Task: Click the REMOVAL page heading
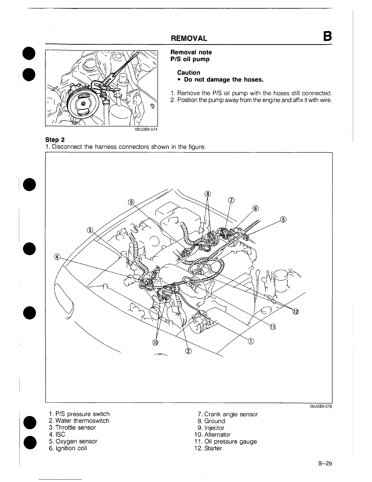click(189, 38)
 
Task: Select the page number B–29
click(325, 464)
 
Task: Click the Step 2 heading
click(55, 140)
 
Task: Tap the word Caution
click(189, 72)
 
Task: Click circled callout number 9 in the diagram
click(131, 202)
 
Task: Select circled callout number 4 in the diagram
click(57, 257)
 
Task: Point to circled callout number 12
click(296, 312)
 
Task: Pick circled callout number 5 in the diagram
click(283, 219)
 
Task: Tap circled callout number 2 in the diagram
click(188, 351)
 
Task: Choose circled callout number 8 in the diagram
click(208, 194)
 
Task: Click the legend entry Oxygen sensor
click(73, 441)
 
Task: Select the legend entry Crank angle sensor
click(228, 414)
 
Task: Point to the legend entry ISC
click(57, 435)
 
